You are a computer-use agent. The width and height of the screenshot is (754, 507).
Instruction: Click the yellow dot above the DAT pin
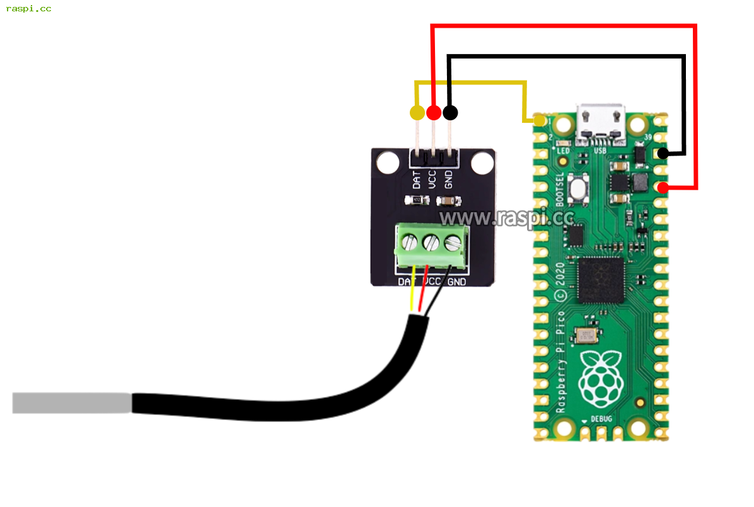(417, 113)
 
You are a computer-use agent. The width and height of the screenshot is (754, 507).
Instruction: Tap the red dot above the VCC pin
(433, 113)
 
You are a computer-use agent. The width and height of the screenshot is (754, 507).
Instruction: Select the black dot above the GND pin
(450, 113)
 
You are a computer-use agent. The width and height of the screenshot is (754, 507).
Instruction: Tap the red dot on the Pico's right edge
(663, 188)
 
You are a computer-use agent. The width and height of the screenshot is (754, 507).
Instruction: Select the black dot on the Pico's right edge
(663, 153)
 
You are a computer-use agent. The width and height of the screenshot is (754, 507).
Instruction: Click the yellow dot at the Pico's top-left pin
(540, 120)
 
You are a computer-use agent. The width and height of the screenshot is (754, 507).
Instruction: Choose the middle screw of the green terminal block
(431, 241)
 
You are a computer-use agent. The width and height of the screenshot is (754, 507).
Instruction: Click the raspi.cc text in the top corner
(29, 9)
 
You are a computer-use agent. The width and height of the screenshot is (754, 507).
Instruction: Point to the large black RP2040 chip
(601, 280)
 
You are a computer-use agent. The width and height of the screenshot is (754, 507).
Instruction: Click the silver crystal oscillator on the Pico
(586, 336)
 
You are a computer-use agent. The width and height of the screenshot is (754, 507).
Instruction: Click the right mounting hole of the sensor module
(482, 164)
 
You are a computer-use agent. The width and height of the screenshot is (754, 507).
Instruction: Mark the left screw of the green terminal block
(410, 241)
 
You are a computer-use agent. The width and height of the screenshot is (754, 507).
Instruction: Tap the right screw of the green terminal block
(453, 241)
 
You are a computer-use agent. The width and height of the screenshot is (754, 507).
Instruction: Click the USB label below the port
(600, 151)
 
